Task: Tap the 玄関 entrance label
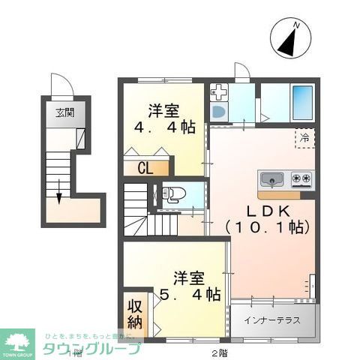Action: pyautogui.click(x=64, y=112)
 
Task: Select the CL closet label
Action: pyautogui.click(x=145, y=167)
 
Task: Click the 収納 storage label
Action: pyautogui.click(x=135, y=314)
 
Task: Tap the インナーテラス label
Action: pyautogui.click(x=271, y=320)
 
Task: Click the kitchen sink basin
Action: pyautogui.click(x=271, y=180)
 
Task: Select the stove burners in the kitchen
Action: pyautogui.click(x=301, y=179)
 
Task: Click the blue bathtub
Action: pyautogui.click(x=301, y=102)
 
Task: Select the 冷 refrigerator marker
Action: pyautogui.click(x=304, y=138)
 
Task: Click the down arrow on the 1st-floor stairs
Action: pyautogui.click(x=58, y=193)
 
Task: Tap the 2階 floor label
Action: pyautogui.click(x=218, y=352)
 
